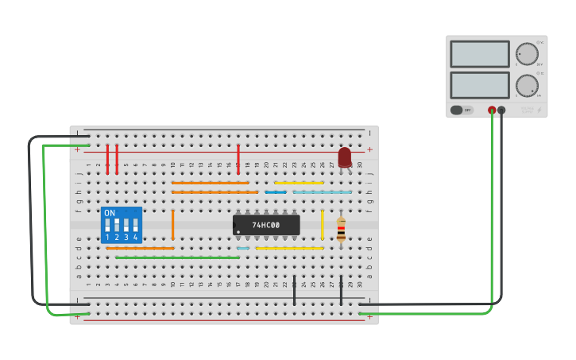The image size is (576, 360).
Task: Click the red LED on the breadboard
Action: [x=344, y=157]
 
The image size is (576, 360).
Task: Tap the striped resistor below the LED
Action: [x=341, y=230]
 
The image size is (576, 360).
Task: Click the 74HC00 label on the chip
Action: [x=266, y=225]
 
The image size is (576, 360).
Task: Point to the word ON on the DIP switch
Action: [x=110, y=213]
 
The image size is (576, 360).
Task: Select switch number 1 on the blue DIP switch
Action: [x=107, y=226]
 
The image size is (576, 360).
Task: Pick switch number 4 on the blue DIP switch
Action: [x=135, y=226]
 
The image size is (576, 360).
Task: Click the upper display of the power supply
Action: [x=480, y=54]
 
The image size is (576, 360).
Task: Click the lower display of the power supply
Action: [x=480, y=85]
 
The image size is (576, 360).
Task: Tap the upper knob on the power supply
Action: [x=527, y=54]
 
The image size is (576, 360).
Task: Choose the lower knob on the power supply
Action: [x=527, y=85]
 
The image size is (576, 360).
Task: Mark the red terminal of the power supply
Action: [x=492, y=110]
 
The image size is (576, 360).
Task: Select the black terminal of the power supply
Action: [x=501, y=110]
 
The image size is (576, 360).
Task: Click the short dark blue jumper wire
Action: [x=276, y=192]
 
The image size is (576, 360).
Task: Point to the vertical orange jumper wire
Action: [x=172, y=224]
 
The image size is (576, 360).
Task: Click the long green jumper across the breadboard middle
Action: [x=177, y=257]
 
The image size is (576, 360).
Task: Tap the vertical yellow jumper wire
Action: [x=322, y=224]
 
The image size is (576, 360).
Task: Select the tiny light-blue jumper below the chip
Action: [x=243, y=248]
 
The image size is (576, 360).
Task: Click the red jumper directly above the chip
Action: [x=238, y=159]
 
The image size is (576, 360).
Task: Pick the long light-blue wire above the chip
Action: [x=322, y=192]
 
